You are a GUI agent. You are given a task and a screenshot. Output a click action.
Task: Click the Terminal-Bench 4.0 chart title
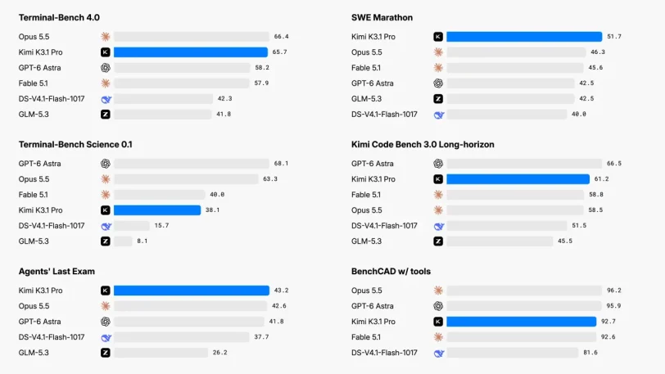click(x=59, y=17)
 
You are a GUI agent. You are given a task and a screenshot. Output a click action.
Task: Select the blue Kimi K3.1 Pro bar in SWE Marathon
click(x=524, y=37)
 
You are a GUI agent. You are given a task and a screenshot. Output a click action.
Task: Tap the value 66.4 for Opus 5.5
click(x=281, y=37)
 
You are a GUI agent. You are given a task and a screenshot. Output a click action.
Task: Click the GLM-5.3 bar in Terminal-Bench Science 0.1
click(x=123, y=241)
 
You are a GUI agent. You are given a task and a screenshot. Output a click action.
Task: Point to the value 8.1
click(x=142, y=241)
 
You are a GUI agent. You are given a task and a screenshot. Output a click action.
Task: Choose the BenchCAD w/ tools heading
click(x=391, y=272)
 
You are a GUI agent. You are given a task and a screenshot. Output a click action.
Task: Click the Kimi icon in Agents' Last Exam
click(x=106, y=291)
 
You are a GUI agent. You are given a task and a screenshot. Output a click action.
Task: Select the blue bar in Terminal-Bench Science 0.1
click(x=157, y=210)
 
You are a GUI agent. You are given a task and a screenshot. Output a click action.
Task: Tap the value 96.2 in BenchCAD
click(x=613, y=291)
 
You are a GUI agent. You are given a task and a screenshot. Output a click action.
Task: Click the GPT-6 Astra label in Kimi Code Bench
click(x=373, y=164)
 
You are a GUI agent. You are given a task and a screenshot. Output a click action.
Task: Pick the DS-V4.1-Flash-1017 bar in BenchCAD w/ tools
click(x=513, y=353)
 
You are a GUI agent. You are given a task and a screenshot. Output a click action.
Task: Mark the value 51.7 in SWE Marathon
click(x=614, y=37)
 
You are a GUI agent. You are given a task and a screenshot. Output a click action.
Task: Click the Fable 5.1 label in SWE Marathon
click(x=365, y=68)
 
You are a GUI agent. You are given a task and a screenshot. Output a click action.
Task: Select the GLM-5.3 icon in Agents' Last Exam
click(x=106, y=353)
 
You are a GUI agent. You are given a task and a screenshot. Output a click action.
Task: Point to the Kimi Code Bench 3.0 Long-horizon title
click(x=423, y=145)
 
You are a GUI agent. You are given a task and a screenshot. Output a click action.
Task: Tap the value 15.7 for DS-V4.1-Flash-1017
click(x=161, y=226)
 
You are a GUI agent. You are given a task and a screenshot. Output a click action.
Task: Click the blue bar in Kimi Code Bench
click(x=518, y=179)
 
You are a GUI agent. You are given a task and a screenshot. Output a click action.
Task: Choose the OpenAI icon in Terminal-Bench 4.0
click(x=106, y=68)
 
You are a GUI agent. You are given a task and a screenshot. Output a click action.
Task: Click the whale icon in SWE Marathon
click(x=438, y=115)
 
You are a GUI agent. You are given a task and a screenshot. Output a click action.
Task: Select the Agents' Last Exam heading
click(x=57, y=272)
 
